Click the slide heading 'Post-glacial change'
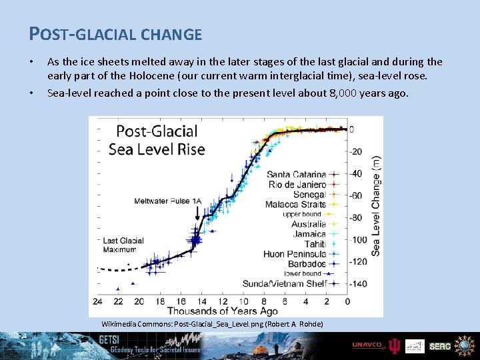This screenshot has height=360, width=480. pyautogui.click(x=115, y=33)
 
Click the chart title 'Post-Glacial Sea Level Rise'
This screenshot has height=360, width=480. pyautogui.click(x=157, y=140)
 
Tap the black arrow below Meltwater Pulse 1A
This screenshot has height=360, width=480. pyautogui.click(x=197, y=213)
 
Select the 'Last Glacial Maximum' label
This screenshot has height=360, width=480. pyautogui.click(x=123, y=245)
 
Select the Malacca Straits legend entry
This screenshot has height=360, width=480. pyautogui.click(x=295, y=204)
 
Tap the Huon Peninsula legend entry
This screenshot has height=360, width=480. pyautogui.click(x=294, y=254)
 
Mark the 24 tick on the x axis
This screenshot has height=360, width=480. pyautogui.click(x=97, y=301)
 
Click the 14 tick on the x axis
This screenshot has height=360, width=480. pyautogui.click(x=201, y=301)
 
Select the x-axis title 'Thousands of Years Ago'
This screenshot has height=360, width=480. pyautogui.click(x=223, y=311)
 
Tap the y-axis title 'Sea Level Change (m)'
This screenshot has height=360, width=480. pyautogui.click(x=376, y=206)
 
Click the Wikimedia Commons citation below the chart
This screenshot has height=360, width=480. pyautogui.click(x=212, y=323)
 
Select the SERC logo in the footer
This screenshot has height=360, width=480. pyautogui.click(x=439, y=346)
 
